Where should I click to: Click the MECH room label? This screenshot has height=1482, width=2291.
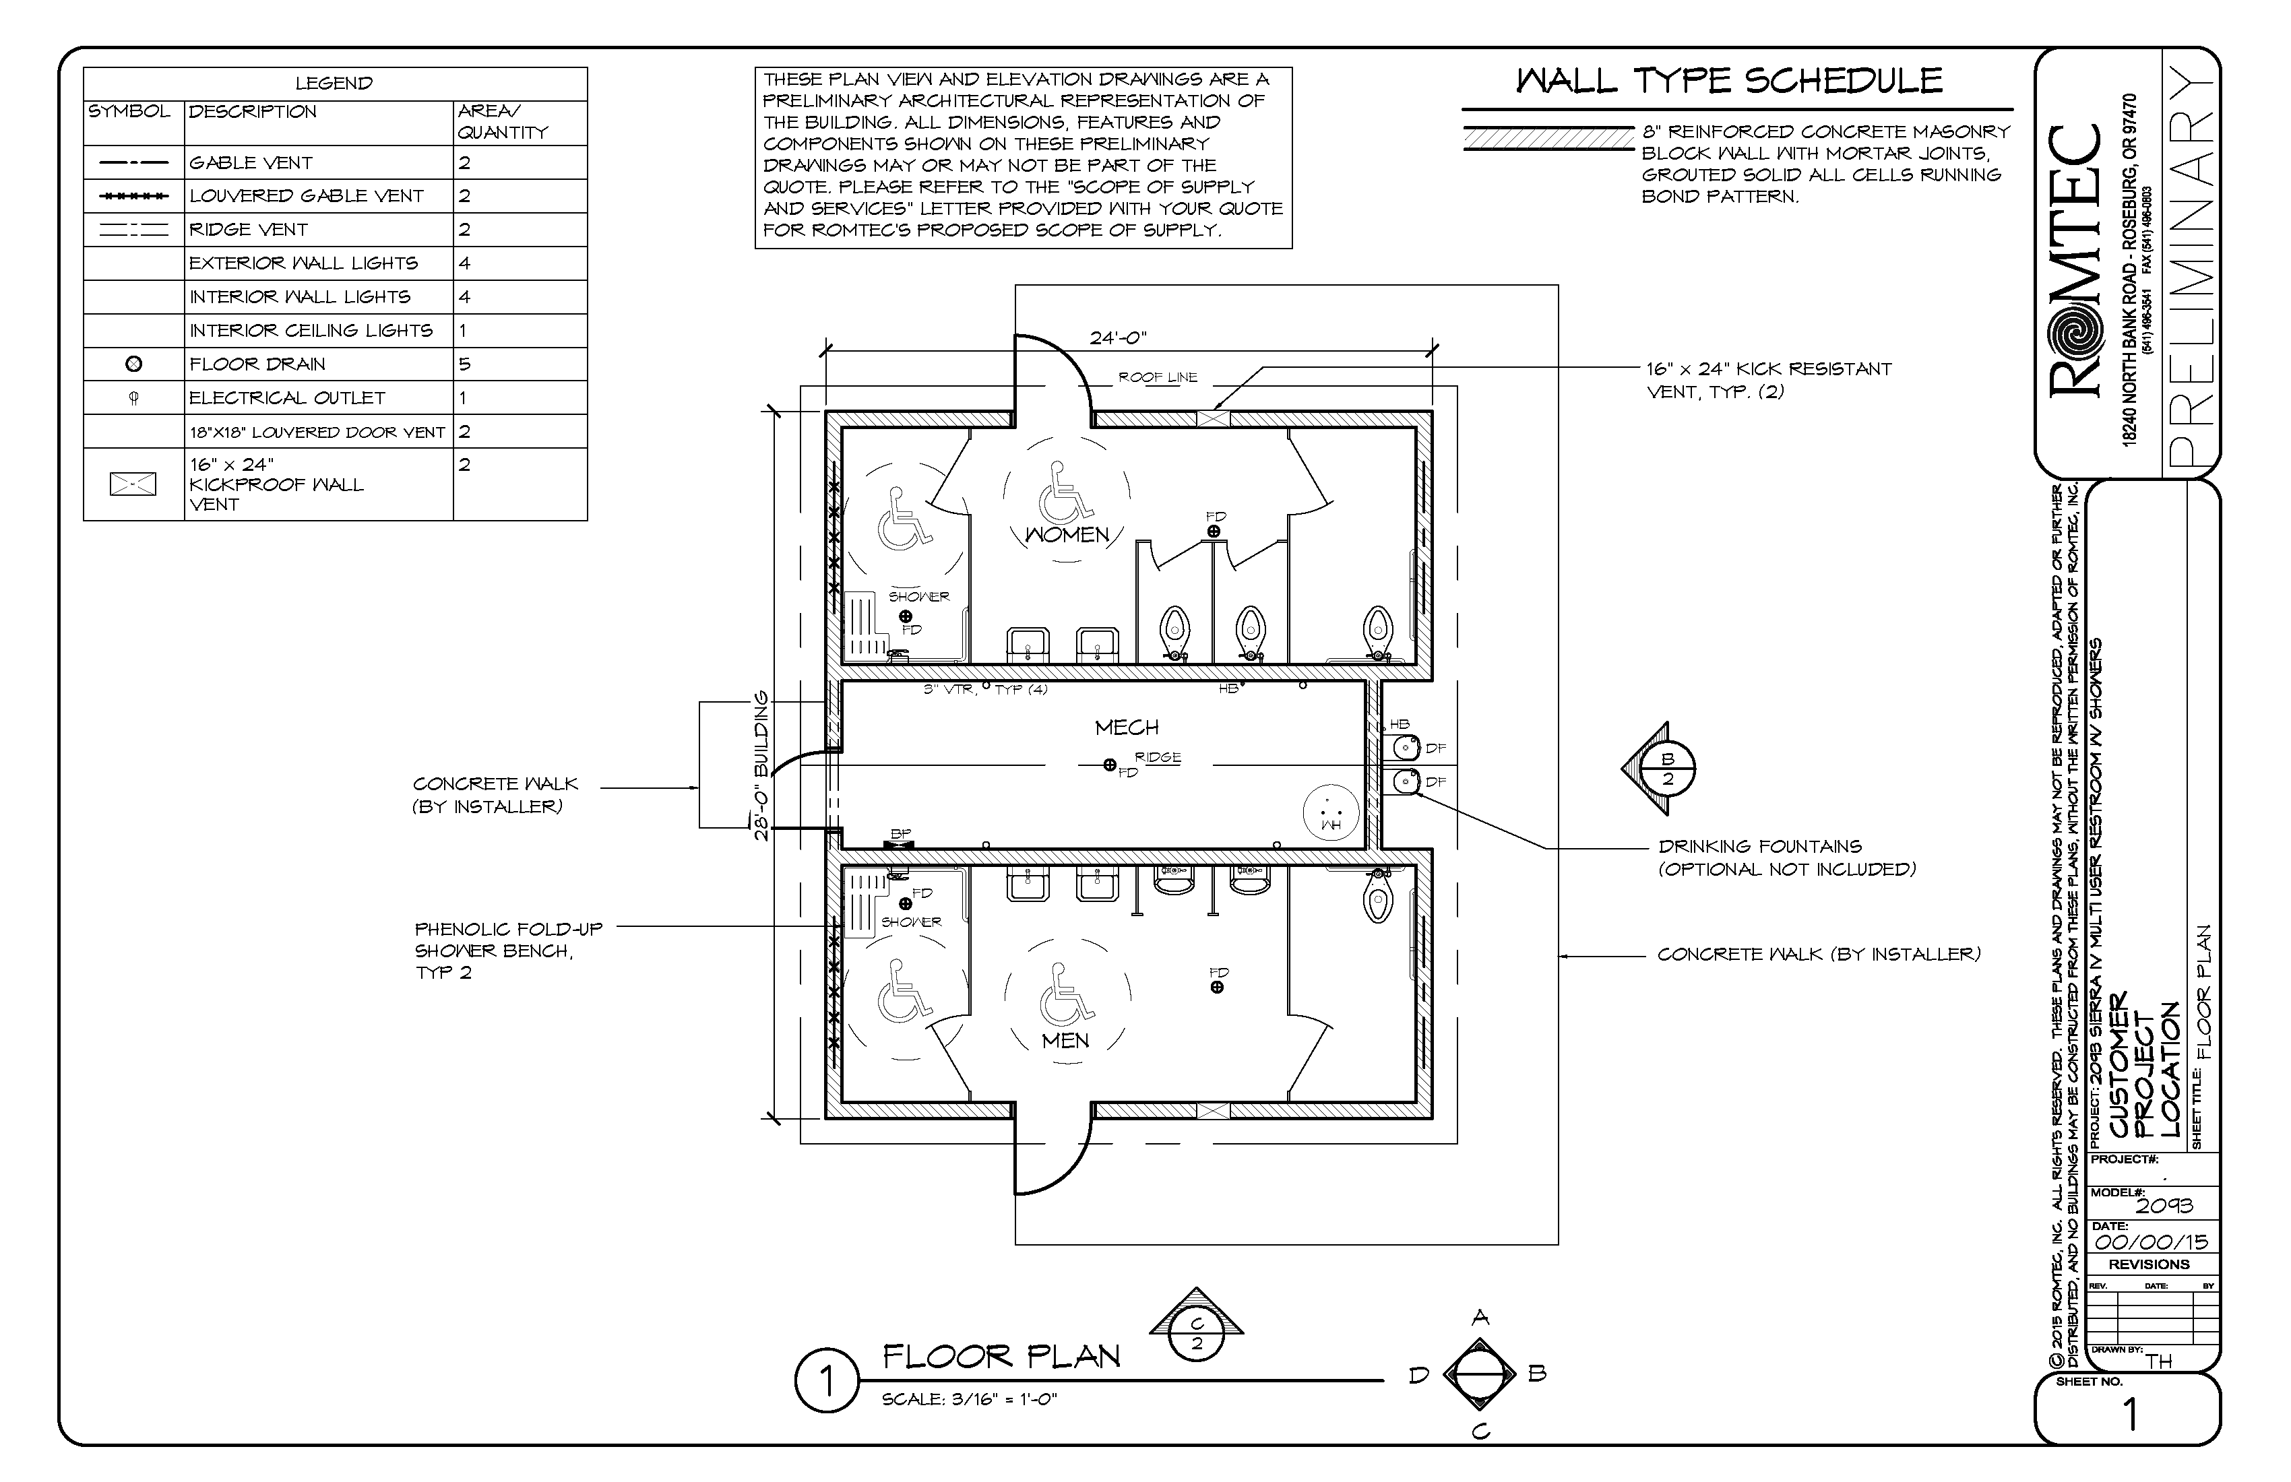[1126, 728]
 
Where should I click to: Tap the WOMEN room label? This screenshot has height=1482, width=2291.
[1067, 534]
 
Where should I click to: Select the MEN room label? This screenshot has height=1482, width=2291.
[1065, 1040]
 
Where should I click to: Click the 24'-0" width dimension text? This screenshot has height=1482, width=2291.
[1118, 337]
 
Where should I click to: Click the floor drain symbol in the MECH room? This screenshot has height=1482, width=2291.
[1110, 765]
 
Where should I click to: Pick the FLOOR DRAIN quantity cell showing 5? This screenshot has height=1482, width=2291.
[465, 364]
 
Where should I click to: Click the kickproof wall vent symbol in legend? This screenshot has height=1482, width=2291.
[133, 484]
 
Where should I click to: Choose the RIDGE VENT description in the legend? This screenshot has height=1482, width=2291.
[249, 229]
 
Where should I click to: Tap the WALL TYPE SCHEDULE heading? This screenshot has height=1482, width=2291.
[1729, 81]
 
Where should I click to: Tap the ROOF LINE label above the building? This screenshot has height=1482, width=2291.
[1157, 377]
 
